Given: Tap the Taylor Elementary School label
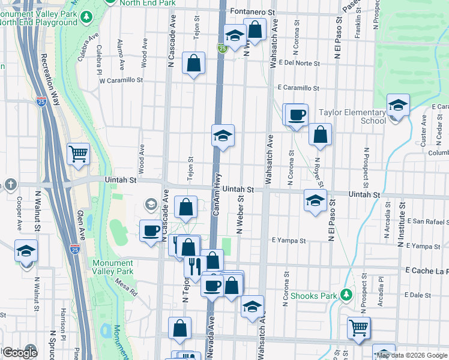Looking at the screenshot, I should pyautogui.click(x=352, y=116).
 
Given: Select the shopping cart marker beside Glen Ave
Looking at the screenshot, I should pyautogui.click(x=78, y=155).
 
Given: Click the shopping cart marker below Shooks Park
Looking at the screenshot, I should pyautogui.click(x=358, y=328).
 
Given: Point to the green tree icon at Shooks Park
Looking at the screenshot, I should pyautogui.click(x=346, y=295).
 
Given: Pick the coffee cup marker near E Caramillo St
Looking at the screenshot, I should pyautogui.click(x=297, y=115).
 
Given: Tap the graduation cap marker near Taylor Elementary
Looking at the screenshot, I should pyautogui.click(x=397, y=106).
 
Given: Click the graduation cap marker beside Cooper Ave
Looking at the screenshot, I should pyautogui.click(x=26, y=251).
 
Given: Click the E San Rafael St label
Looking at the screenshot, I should pyautogui.click(x=427, y=221).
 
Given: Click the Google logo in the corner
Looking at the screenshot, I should pyautogui.click(x=19, y=352).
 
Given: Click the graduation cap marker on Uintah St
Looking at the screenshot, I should pyautogui.click(x=315, y=201).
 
